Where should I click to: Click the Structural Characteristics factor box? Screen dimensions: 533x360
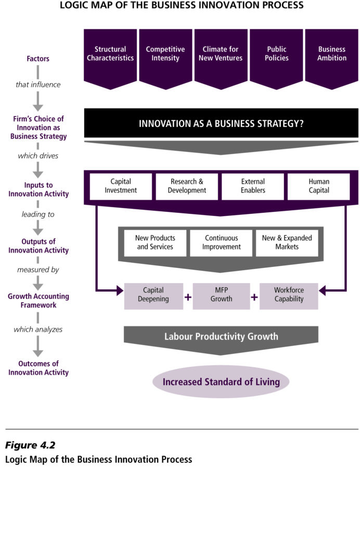110,54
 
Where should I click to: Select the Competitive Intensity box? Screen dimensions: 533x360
165,54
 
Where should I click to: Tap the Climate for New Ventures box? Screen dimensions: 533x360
221,54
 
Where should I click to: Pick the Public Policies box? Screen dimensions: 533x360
276,54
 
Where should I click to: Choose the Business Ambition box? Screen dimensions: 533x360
331,54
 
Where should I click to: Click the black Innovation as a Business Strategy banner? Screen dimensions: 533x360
221,123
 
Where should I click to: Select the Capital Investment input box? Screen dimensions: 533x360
121,186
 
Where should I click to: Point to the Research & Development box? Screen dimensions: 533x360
187,186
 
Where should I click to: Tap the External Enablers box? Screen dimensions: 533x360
253,186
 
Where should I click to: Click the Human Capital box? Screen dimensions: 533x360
319,186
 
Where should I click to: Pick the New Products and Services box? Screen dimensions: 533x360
155,243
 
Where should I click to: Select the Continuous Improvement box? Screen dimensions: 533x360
221,243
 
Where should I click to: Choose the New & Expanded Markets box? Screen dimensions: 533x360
287,243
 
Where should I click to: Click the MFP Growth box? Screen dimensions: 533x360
221,295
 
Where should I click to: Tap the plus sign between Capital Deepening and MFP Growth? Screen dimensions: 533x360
188,297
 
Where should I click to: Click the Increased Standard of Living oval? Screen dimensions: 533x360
221,382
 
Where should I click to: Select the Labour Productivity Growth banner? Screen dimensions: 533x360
221,337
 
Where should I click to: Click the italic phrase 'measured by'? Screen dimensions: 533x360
38,270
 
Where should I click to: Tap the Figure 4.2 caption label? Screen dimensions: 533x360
30,446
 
